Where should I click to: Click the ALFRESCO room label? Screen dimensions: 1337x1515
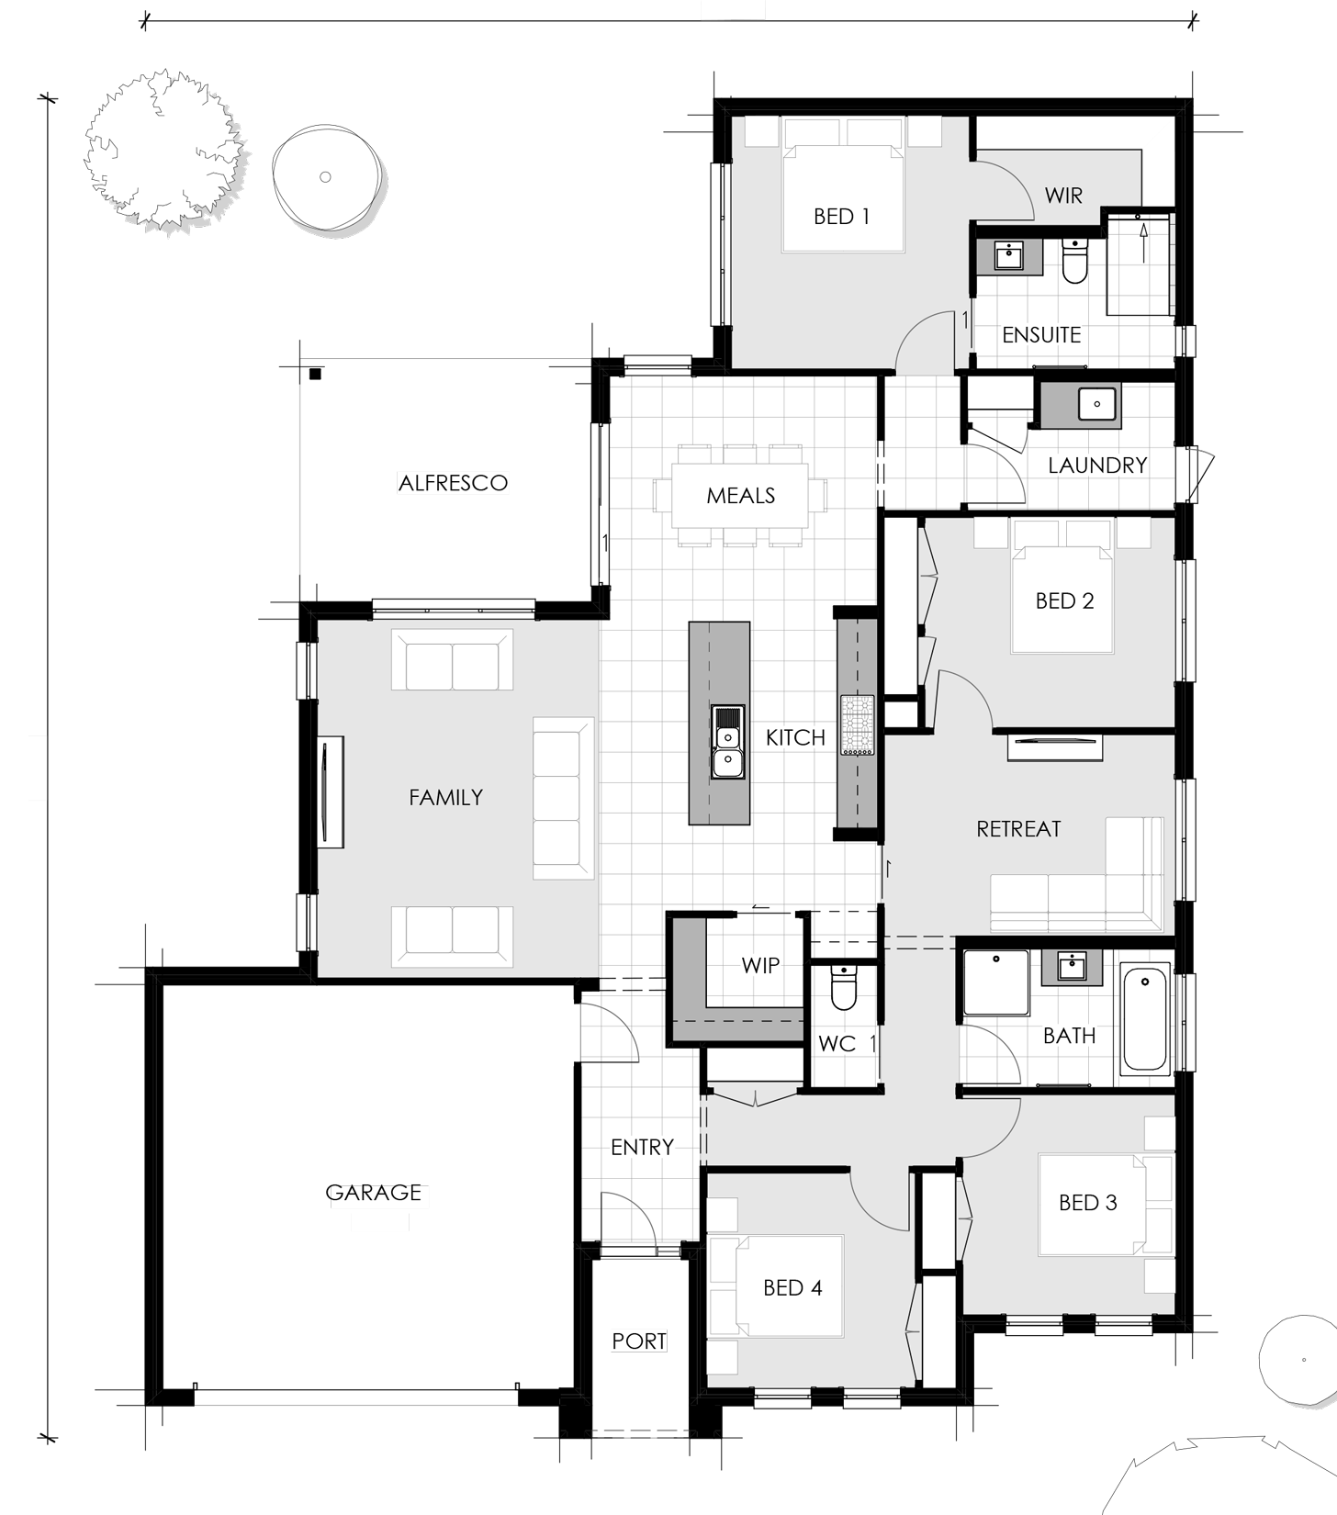click(x=453, y=483)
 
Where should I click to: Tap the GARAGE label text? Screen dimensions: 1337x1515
click(x=374, y=1193)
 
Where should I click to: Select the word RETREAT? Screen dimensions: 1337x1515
click(x=1018, y=829)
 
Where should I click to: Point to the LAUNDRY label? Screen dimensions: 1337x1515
click(x=1097, y=466)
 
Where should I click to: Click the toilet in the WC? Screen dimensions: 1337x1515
click(x=843, y=988)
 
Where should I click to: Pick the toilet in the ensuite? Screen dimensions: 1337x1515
click(x=1074, y=261)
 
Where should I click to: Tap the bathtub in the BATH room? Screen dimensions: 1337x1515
click(x=1145, y=1019)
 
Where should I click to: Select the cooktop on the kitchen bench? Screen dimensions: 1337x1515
click(x=858, y=725)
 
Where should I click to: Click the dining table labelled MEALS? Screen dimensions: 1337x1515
click(x=740, y=496)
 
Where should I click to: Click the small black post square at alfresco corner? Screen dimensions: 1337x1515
click(x=315, y=374)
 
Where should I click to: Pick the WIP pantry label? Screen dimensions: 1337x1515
click(x=760, y=966)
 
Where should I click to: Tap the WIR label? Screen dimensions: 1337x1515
click(x=1063, y=196)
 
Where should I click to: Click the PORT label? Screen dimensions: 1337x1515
click(x=639, y=1341)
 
